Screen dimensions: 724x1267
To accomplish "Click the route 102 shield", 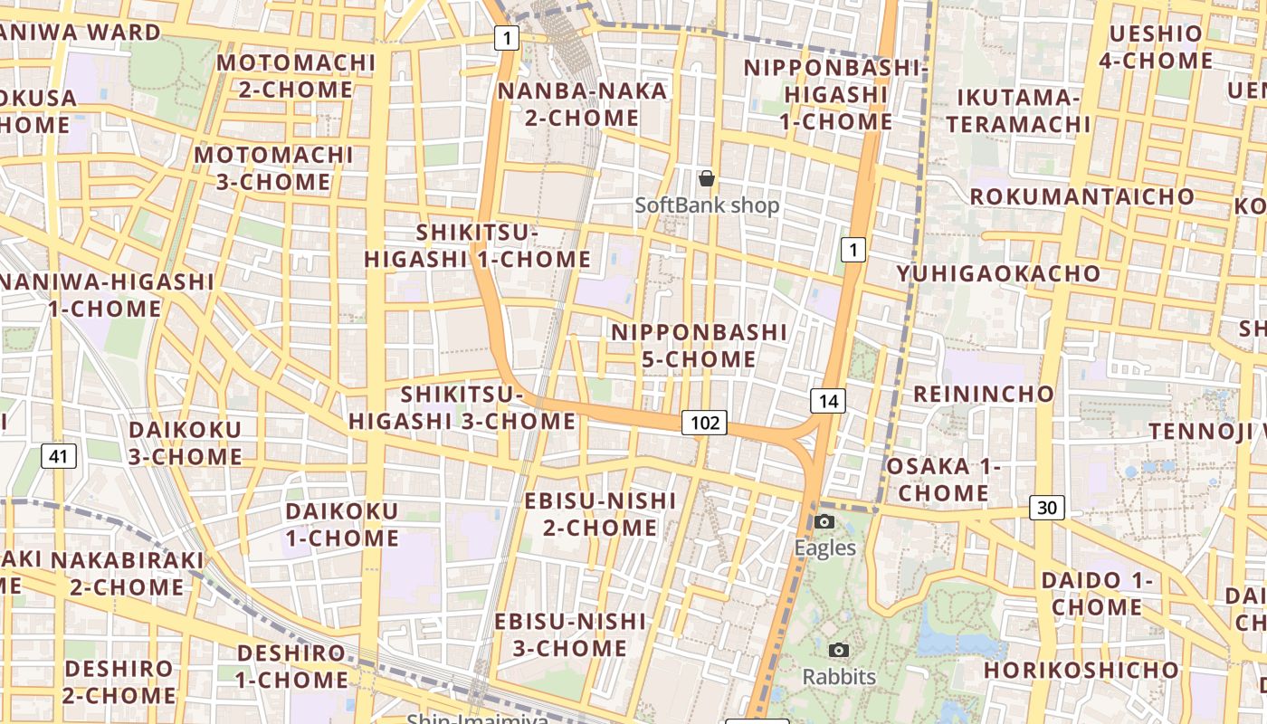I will click(x=704, y=422).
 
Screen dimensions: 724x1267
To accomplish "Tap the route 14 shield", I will click(x=827, y=401).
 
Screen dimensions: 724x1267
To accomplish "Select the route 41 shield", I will click(x=58, y=456).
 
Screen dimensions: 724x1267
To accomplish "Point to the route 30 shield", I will click(x=1046, y=508).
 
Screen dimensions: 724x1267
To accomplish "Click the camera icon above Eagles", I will click(x=824, y=521).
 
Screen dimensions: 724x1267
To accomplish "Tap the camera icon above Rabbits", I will click(x=839, y=650).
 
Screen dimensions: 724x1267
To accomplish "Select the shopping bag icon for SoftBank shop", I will click(x=707, y=178).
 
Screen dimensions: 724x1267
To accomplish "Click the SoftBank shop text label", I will click(x=707, y=205).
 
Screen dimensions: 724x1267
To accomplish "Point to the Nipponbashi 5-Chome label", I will click(x=700, y=346).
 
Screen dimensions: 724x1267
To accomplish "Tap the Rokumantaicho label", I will click(x=1082, y=196).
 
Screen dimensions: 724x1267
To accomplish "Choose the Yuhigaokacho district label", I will click(x=998, y=273).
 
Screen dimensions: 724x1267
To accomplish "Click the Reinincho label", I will click(x=984, y=394).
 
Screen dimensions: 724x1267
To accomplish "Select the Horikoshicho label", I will click(x=1081, y=671).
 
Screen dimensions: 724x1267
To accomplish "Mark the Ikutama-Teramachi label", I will click(x=1019, y=110).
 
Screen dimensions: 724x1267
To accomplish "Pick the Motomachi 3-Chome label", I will click(x=273, y=168).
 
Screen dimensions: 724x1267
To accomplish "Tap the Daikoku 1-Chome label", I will click(x=342, y=525).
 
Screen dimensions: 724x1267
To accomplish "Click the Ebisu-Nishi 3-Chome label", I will click(x=570, y=634).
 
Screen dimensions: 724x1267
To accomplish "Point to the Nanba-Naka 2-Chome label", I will click(x=582, y=104).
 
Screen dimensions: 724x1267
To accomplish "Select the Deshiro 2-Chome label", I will click(x=119, y=682).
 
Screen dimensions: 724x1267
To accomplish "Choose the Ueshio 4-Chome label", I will click(x=1157, y=47).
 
